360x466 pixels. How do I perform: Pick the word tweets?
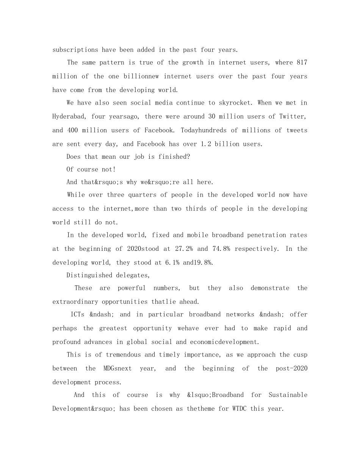point(297,130)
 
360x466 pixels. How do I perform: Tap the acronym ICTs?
point(78,314)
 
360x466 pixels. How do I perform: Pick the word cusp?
point(300,355)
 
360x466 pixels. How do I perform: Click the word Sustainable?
point(288,395)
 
